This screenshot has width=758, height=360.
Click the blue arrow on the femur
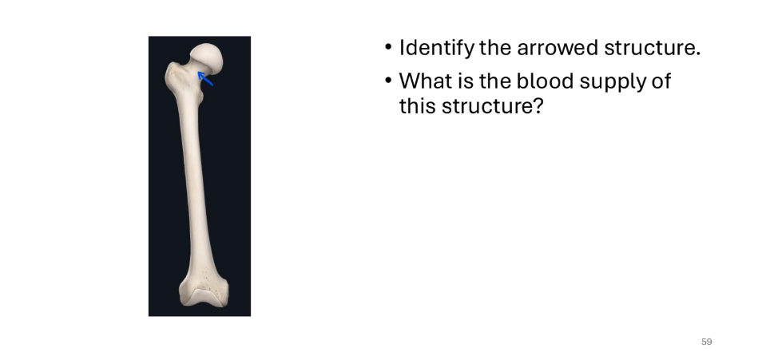click(x=205, y=78)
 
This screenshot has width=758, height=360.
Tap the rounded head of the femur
click(x=207, y=58)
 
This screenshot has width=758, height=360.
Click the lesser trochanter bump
click(x=200, y=95)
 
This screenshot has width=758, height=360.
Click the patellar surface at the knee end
click(x=204, y=295)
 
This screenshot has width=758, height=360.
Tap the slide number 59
click(x=706, y=342)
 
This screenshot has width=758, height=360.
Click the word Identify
click(x=437, y=48)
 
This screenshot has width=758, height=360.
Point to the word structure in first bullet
click(x=652, y=48)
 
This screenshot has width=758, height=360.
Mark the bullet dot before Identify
click(x=387, y=47)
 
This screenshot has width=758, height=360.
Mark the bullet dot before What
click(x=387, y=81)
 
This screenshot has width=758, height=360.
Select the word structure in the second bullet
click(x=486, y=106)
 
